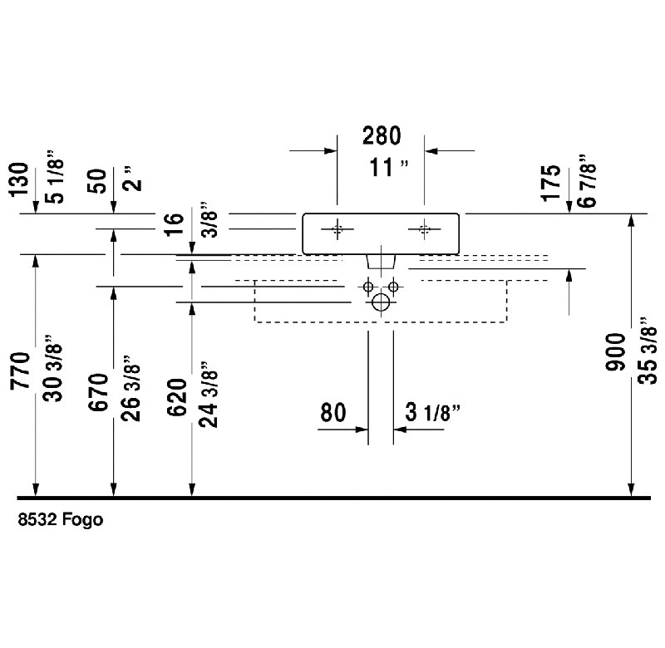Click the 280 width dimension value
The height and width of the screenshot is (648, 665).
click(382, 135)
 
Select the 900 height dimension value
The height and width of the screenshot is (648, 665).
click(616, 352)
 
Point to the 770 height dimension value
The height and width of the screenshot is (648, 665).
click(20, 371)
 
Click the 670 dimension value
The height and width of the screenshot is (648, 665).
click(98, 392)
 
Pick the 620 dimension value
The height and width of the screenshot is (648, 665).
click(177, 397)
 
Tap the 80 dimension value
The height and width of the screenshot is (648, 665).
click(333, 412)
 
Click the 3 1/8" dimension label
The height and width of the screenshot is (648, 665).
click(432, 412)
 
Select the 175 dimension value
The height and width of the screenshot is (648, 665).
click(550, 183)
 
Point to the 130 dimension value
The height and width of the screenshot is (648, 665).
click(19, 179)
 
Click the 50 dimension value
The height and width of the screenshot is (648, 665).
click(97, 181)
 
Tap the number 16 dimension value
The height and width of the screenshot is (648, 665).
click(174, 224)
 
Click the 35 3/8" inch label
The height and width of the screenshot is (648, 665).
click(648, 350)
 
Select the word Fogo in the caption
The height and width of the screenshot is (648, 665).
click(82, 519)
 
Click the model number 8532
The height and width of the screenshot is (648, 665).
click(37, 519)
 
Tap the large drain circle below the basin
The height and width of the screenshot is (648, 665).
click(381, 302)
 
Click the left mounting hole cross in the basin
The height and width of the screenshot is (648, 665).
click(337, 229)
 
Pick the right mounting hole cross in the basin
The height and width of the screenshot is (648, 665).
click(424, 229)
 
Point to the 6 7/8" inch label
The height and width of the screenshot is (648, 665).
click(588, 181)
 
